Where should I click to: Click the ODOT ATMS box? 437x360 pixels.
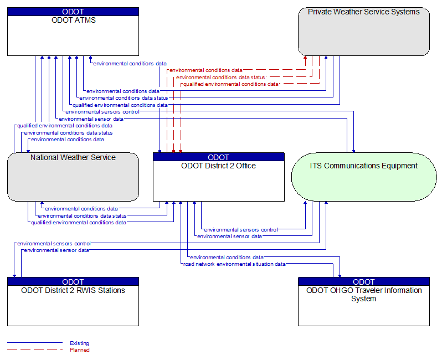[73, 32]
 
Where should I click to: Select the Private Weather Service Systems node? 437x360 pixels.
[364, 32]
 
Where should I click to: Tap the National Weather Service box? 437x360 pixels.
[73, 177]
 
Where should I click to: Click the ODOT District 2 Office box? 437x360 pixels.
[219, 177]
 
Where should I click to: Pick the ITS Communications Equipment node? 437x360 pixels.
[364, 177]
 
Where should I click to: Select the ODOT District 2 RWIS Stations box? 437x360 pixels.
[73, 301]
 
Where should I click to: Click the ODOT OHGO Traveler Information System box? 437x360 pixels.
[364, 301]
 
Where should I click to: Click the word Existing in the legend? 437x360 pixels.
[79, 343]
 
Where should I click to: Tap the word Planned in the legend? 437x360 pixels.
[79, 349]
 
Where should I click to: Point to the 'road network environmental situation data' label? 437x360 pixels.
[234, 264]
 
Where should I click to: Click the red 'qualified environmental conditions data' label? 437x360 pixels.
[231, 84]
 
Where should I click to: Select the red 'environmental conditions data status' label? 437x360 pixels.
[220, 77]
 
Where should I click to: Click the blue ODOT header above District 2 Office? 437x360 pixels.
[219, 157]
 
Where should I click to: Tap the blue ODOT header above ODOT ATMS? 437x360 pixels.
[73, 12]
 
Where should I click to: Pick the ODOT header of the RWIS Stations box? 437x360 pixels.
[73, 281]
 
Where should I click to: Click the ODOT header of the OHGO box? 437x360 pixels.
[364, 281]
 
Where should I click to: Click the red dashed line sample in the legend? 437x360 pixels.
[35, 349]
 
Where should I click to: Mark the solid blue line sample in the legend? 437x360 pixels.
[35, 342]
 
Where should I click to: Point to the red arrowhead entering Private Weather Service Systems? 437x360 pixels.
[305, 58]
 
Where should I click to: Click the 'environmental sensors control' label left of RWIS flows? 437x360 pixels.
[54, 243]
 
